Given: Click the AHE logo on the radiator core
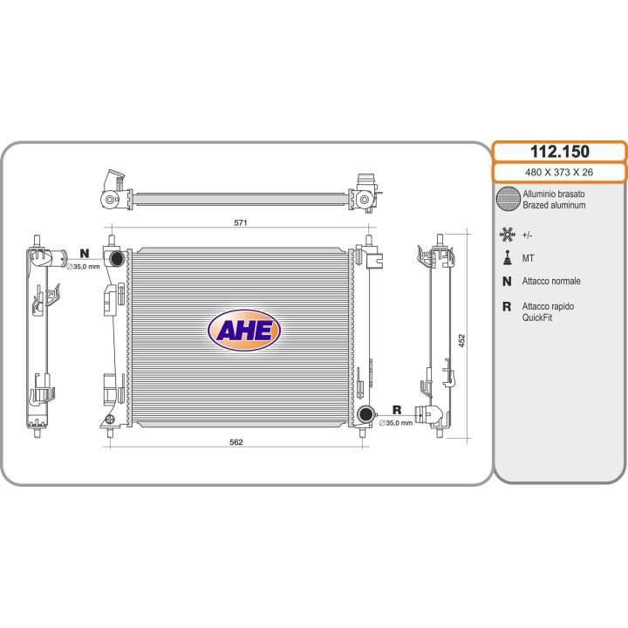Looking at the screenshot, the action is (244, 331).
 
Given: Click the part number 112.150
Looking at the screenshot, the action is (559, 152).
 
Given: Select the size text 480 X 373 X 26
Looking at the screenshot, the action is (559, 172).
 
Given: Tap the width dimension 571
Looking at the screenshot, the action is (241, 222).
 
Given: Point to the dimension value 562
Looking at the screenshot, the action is (235, 441).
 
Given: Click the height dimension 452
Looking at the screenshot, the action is (461, 340).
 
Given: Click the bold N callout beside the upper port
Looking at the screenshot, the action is (84, 253).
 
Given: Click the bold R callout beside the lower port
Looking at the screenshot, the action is (397, 410).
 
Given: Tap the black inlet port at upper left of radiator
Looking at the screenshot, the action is (116, 258).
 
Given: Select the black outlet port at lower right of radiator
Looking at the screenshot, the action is (365, 413).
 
